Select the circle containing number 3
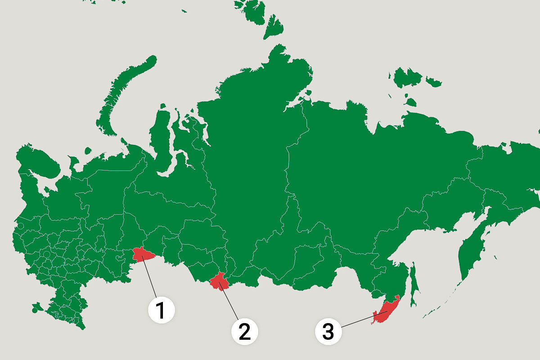[328, 332]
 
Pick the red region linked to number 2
[220, 281]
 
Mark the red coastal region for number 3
[386, 311]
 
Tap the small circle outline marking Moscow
[46, 254]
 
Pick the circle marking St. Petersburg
[20, 225]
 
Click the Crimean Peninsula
[35, 310]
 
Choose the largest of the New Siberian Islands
[407, 77]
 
